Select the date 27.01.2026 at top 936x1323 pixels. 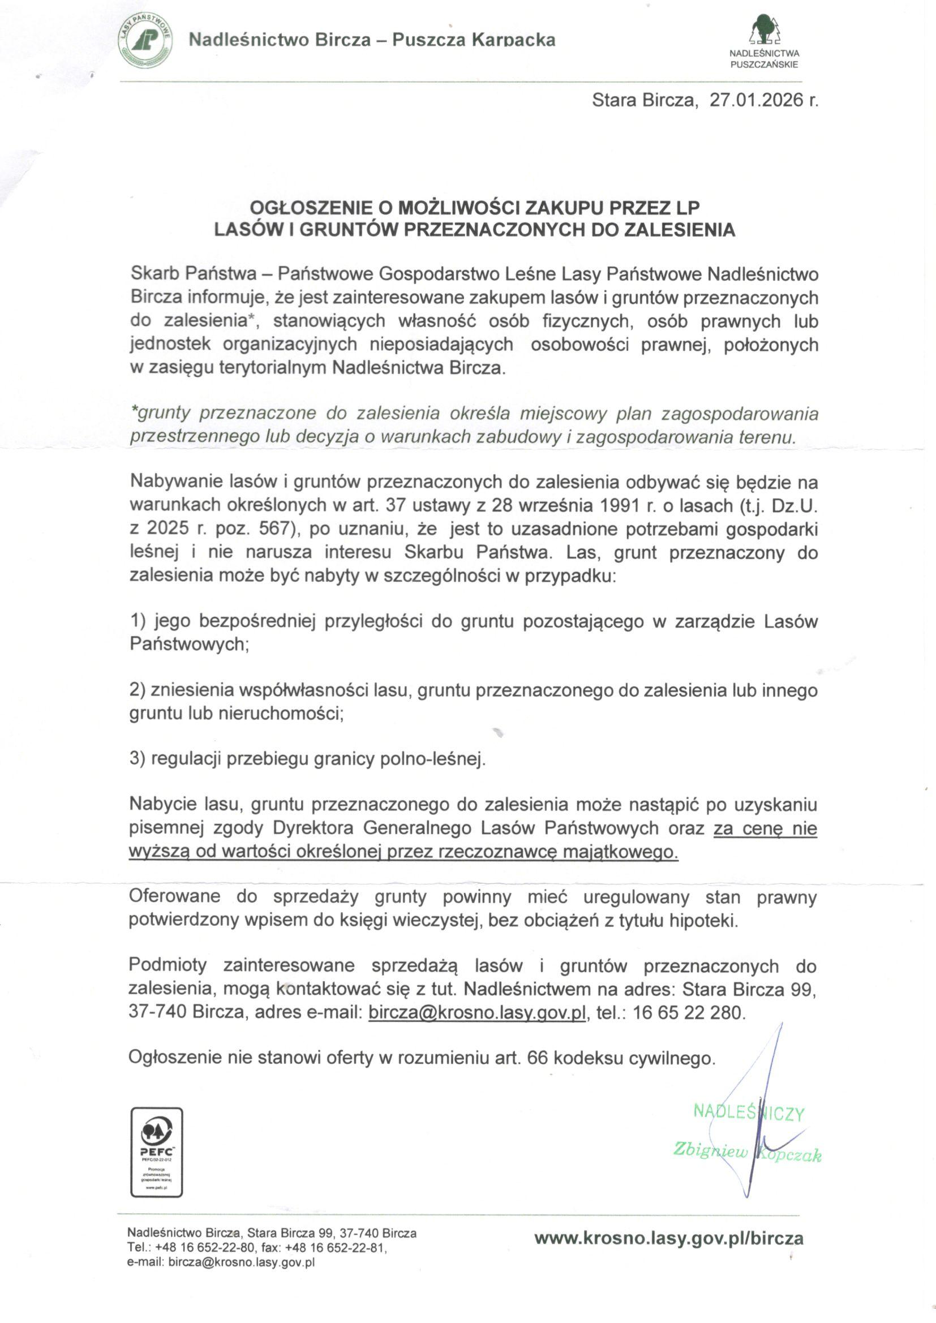click(x=757, y=100)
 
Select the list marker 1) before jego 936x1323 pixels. click(x=139, y=621)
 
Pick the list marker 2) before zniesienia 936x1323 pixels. click(x=139, y=690)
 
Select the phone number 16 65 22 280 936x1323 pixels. click(x=689, y=1012)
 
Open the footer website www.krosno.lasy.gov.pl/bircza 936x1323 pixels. click(x=668, y=1238)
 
